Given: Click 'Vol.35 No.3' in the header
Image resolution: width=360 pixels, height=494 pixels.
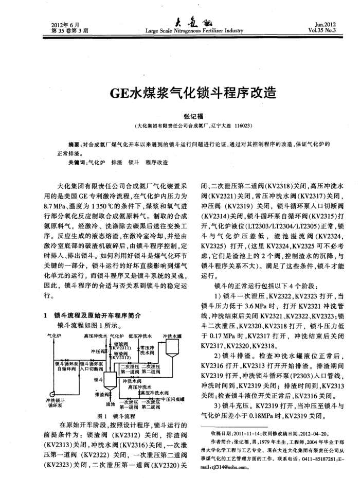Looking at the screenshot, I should (322, 30).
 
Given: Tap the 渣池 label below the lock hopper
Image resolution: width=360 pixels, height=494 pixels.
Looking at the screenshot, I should (110, 404).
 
